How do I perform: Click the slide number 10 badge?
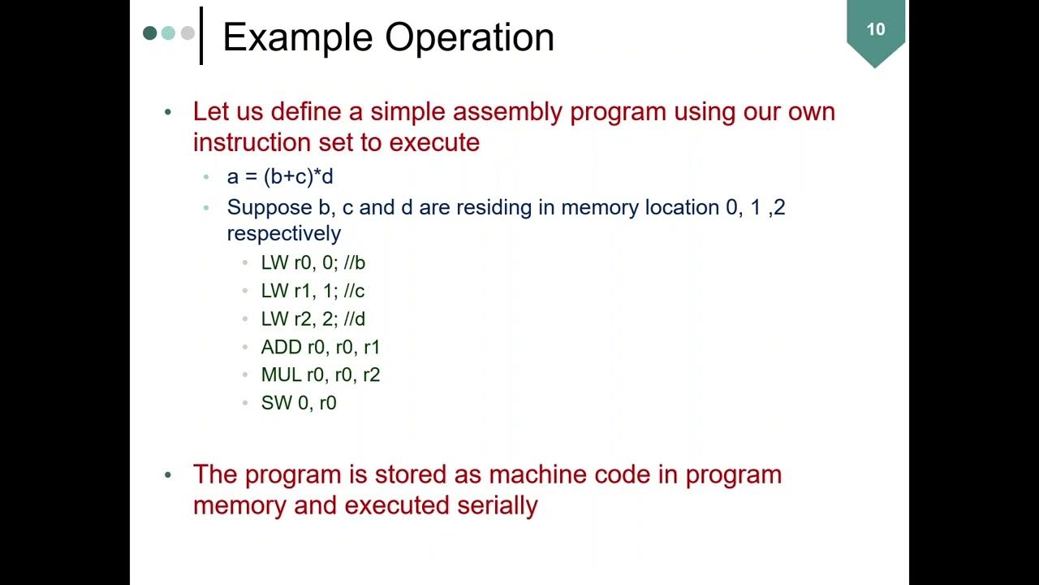click(875, 31)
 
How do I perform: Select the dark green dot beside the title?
click(149, 33)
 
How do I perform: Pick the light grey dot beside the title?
click(188, 33)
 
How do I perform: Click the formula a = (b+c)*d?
click(280, 176)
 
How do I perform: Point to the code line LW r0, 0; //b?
click(313, 262)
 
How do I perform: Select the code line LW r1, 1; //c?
click(313, 291)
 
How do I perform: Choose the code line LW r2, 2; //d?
click(313, 318)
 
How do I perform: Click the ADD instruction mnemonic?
click(280, 347)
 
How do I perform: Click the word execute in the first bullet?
click(434, 142)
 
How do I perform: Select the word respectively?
click(283, 234)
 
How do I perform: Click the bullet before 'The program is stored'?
click(168, 474)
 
